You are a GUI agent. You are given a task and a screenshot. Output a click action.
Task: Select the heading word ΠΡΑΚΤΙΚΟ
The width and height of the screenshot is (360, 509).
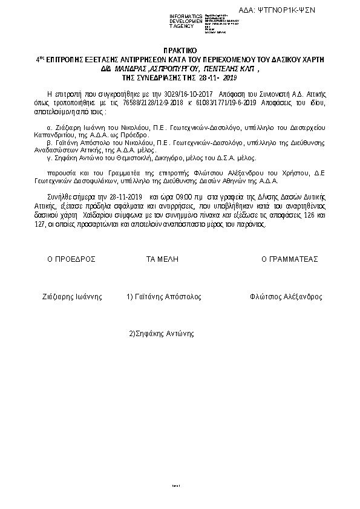[180, 53]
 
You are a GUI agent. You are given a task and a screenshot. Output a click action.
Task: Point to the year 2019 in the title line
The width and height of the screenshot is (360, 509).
[231, 78]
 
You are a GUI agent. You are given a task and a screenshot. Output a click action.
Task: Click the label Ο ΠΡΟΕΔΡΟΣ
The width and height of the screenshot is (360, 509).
[72, 259]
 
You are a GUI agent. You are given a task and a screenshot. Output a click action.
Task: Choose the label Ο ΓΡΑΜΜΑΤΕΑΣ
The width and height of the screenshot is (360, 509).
[290, 259]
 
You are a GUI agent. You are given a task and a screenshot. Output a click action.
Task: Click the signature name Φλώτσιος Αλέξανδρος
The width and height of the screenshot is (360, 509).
[286, 297]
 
